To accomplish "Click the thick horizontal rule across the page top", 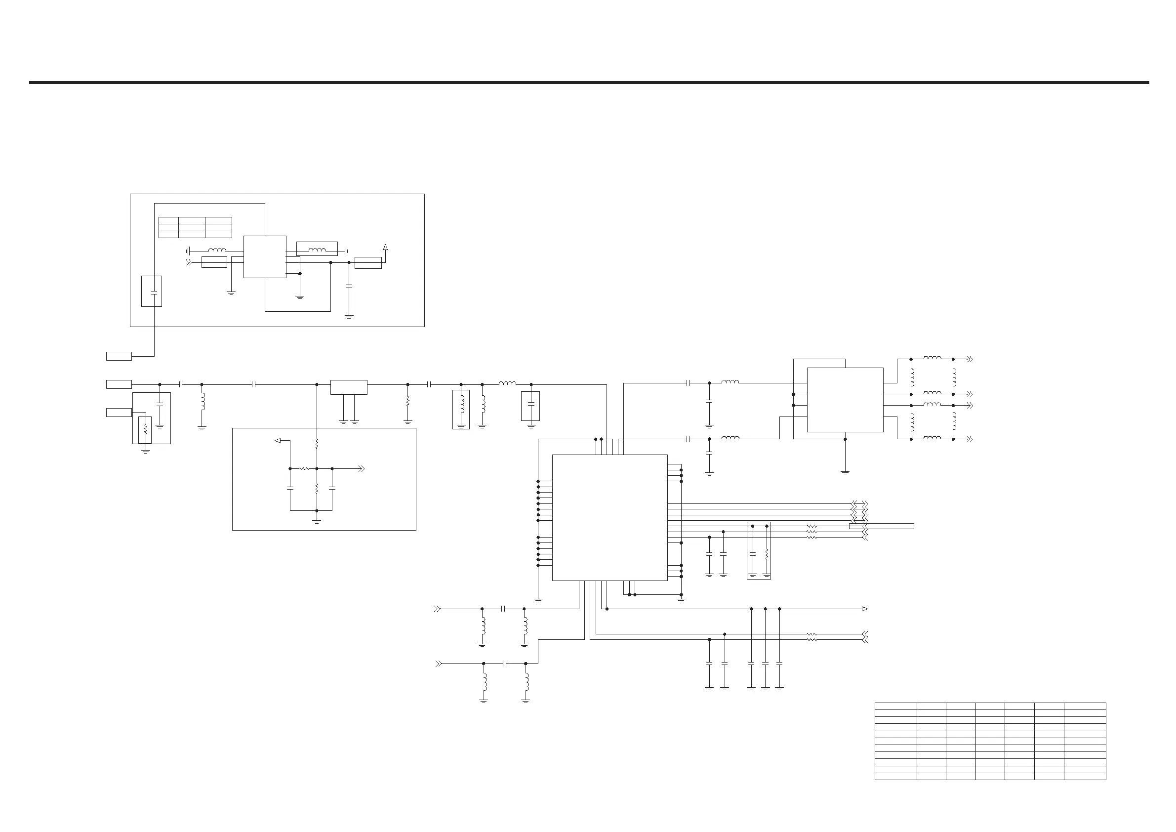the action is [589, 82].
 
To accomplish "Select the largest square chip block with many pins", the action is [609, 517].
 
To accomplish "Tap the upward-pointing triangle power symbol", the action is [385, 248].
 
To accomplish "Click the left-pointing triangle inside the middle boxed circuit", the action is [278, 440].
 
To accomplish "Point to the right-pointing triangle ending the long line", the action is [864, 609].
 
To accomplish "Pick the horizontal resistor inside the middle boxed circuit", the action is [304, 469].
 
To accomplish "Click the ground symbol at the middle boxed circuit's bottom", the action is [317, 521].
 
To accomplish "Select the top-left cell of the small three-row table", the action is [168, 220].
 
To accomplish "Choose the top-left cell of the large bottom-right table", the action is [895, 706].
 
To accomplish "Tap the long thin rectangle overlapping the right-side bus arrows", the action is [882, 526].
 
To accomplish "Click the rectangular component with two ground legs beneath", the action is [349, 387].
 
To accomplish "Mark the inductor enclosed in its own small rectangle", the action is [461, 410].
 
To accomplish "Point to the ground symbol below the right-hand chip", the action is [845, 472].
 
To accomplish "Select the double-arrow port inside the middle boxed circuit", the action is [361, 469].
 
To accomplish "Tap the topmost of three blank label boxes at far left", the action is [119, 356].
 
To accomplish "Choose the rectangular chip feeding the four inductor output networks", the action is [845, 400].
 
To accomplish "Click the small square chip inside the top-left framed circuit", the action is [264, 257].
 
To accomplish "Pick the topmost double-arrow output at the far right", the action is [969, 359].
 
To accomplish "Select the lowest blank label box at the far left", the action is [119, 413].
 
